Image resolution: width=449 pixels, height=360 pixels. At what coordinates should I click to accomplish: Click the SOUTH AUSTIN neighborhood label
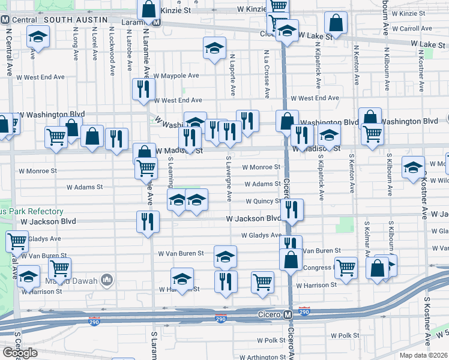pyautogui.click(x=71, y=20)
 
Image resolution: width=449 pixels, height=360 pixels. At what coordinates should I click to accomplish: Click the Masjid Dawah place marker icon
pyautogui.click(x=107, y=280)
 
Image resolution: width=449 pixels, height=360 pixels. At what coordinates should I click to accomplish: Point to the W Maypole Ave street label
pyautogui.click(x=176, y=76)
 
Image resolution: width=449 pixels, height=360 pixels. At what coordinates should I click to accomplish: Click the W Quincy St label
pyautogui.click(x=262, y=202)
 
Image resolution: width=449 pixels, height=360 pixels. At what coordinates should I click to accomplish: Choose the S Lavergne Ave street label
pyautogui.click(x=229, y=179)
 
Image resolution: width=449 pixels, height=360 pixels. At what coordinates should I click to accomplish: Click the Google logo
pyautogui.click(x=20, y=352)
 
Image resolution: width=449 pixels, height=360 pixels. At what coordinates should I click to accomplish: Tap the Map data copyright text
pyautogui.click(x=422, y=355)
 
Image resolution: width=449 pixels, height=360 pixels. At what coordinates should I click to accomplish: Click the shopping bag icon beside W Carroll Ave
pyautogui.click(x=336, y=23)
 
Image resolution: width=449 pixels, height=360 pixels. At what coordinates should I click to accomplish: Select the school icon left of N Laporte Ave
pyautogui.click(x=214, y=48)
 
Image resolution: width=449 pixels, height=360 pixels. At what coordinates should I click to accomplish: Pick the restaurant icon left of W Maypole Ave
pyautogui.click(x=142, y=89)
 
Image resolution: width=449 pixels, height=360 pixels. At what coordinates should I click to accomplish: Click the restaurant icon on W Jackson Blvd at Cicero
pyautogui.click(x=292, y=209)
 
